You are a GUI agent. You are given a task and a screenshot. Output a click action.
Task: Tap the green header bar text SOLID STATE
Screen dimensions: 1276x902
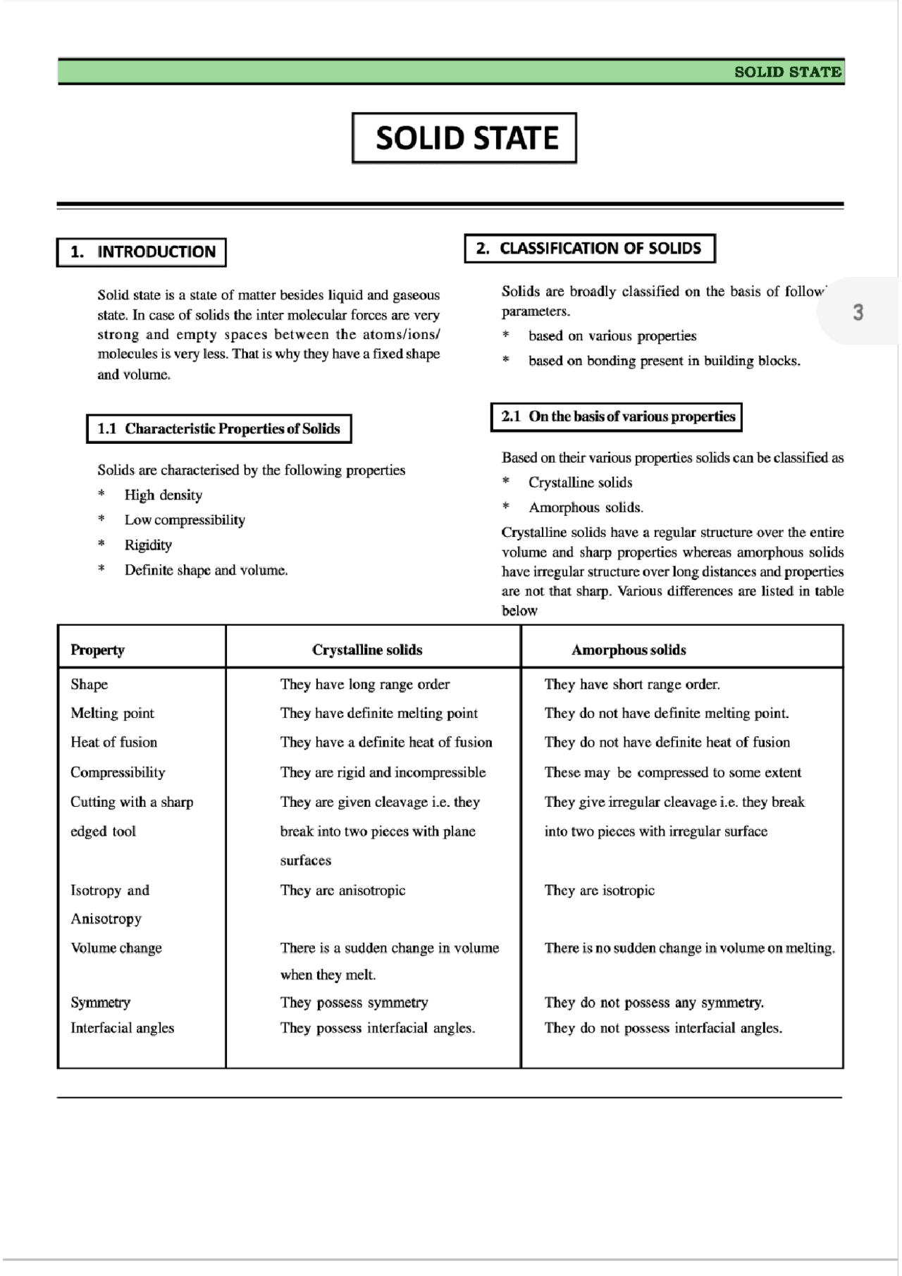[x=787, y=72]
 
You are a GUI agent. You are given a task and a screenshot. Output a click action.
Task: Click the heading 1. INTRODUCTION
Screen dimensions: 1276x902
[x=142, y=252]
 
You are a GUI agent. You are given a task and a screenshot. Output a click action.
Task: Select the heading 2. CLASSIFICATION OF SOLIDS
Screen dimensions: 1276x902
[x=589, y=249]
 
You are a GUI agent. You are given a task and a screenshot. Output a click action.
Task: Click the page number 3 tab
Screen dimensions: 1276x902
[x=858, y=312]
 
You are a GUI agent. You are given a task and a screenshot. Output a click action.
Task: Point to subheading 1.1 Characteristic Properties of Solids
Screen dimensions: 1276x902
[x=218, y=429]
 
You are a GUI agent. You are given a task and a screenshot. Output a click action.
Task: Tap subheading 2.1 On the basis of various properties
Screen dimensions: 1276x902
[x=617, y=416]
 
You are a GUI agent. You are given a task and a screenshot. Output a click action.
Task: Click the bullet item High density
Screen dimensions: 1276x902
[x=163, y=495]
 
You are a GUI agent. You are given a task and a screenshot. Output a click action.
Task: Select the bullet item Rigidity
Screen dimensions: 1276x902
[x=148, y=545]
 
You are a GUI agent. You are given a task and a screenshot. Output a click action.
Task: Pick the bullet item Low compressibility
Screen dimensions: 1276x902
[x=185, y=520]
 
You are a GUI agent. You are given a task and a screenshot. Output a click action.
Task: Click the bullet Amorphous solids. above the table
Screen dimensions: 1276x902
[x=586, y=507]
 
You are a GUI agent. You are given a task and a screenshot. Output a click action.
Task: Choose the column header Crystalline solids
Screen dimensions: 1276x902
[x=367, y=650]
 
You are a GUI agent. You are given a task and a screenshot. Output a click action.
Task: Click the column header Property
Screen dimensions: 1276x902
[x=97, y=650]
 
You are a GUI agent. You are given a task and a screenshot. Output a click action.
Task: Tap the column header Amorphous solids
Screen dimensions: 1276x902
[x=629, y=650]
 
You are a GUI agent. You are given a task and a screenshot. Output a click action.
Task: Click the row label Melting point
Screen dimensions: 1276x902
[x=112, y=713]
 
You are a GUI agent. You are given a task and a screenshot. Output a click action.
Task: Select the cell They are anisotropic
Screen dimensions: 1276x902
[x=342, y=891]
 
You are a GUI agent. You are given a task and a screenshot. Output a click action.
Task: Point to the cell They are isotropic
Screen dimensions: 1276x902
[x=599, y=891]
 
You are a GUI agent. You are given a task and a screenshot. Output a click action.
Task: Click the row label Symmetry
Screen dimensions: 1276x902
[x=100, y=1003]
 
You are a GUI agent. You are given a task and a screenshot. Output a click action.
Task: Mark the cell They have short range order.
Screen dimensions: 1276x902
[x=632, y=684]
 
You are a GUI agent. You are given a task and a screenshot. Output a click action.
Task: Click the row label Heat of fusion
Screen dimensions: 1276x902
[x=113, y=742]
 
